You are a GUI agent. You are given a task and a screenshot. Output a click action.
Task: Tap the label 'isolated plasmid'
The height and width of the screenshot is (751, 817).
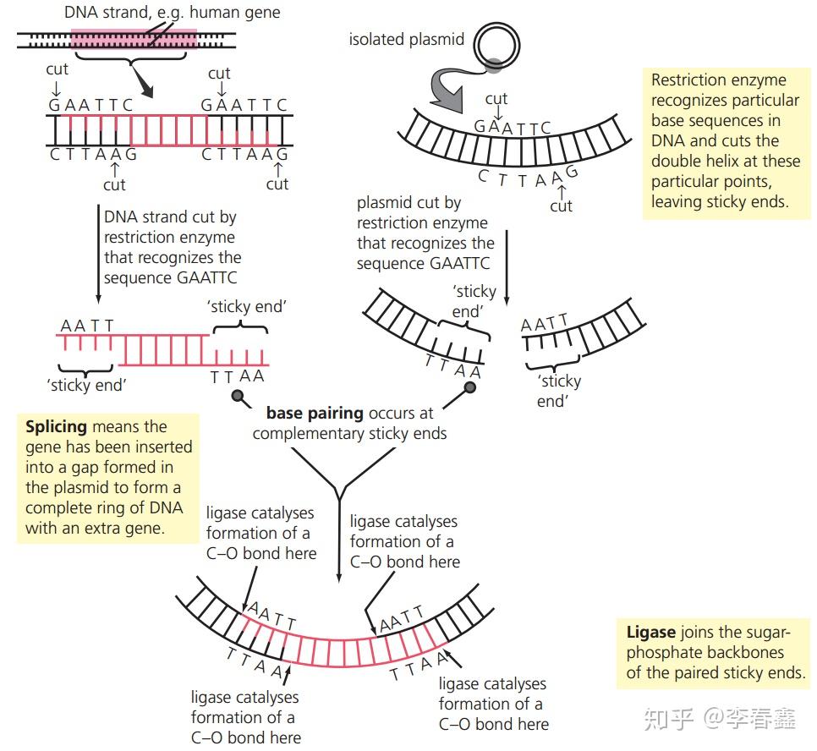[406, 40]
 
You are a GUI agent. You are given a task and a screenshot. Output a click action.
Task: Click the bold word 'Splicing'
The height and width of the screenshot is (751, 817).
[56, 427]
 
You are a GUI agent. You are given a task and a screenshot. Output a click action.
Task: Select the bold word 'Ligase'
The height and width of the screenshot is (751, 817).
[650, 633]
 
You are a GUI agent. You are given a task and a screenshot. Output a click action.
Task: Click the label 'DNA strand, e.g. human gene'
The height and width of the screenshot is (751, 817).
[172, 13]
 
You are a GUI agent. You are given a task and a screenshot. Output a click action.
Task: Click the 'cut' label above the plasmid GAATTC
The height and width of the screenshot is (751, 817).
[496, 99]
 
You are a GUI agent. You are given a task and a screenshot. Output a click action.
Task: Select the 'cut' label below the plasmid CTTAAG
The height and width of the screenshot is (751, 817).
[561, 206]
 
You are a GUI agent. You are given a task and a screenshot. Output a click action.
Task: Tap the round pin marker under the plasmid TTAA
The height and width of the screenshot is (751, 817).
[469, 387]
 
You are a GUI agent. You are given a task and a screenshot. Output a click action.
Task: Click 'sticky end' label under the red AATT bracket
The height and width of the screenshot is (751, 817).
[87, 385]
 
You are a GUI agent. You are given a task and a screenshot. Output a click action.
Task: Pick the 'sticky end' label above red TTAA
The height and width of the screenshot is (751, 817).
[246, 306]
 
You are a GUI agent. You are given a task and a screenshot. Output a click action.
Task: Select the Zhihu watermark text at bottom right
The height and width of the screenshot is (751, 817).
[720, 718]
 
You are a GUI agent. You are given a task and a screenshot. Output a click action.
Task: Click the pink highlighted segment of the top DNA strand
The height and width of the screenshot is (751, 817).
[134, 39]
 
